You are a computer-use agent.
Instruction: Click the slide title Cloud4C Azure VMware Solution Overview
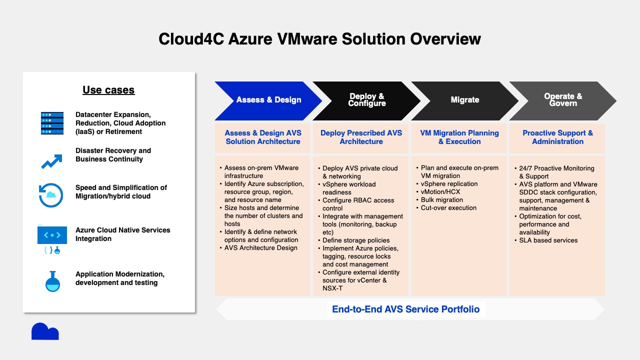pos(319,39)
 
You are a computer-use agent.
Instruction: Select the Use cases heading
pos(108,90)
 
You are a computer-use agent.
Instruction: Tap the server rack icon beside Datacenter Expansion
pos(52,123)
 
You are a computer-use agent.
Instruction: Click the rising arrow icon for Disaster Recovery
pos(51,161)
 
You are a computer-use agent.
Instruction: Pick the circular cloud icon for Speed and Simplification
pos(51,195)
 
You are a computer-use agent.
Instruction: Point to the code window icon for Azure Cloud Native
pos(52,235)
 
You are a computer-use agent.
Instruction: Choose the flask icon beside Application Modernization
pos(52,281)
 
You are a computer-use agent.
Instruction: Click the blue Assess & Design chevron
pos(268,100)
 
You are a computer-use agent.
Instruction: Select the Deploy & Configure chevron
pos(366,100)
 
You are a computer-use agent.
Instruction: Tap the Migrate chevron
pos(464,100)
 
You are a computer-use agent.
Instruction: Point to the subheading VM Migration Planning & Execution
pos(459,137)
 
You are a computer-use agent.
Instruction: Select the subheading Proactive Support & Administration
pos(557,137)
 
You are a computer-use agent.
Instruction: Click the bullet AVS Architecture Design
pos(260,248)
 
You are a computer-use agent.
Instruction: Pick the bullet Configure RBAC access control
pos(358,204)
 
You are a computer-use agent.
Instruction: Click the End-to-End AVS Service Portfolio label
pos(406,309)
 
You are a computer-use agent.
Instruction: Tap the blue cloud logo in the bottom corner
pos(45,331)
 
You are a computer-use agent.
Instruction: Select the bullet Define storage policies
pos(355,240)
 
